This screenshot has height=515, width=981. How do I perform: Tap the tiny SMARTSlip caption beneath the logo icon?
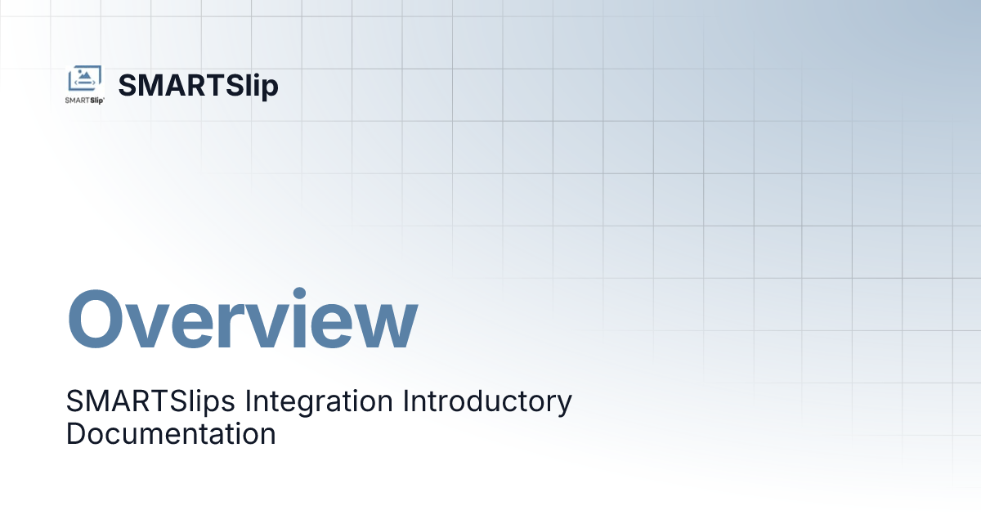click(85, 101)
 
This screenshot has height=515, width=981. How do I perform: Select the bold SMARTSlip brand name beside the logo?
click(199, 86)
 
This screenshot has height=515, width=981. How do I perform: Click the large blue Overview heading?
click(242, 321)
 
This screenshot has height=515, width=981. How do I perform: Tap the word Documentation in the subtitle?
click(171, 433)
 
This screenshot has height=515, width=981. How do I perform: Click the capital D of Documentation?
click(74, 433)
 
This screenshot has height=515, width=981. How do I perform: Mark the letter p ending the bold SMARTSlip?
click(270, 89)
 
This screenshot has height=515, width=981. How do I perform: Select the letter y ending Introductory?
click(564, 405)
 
